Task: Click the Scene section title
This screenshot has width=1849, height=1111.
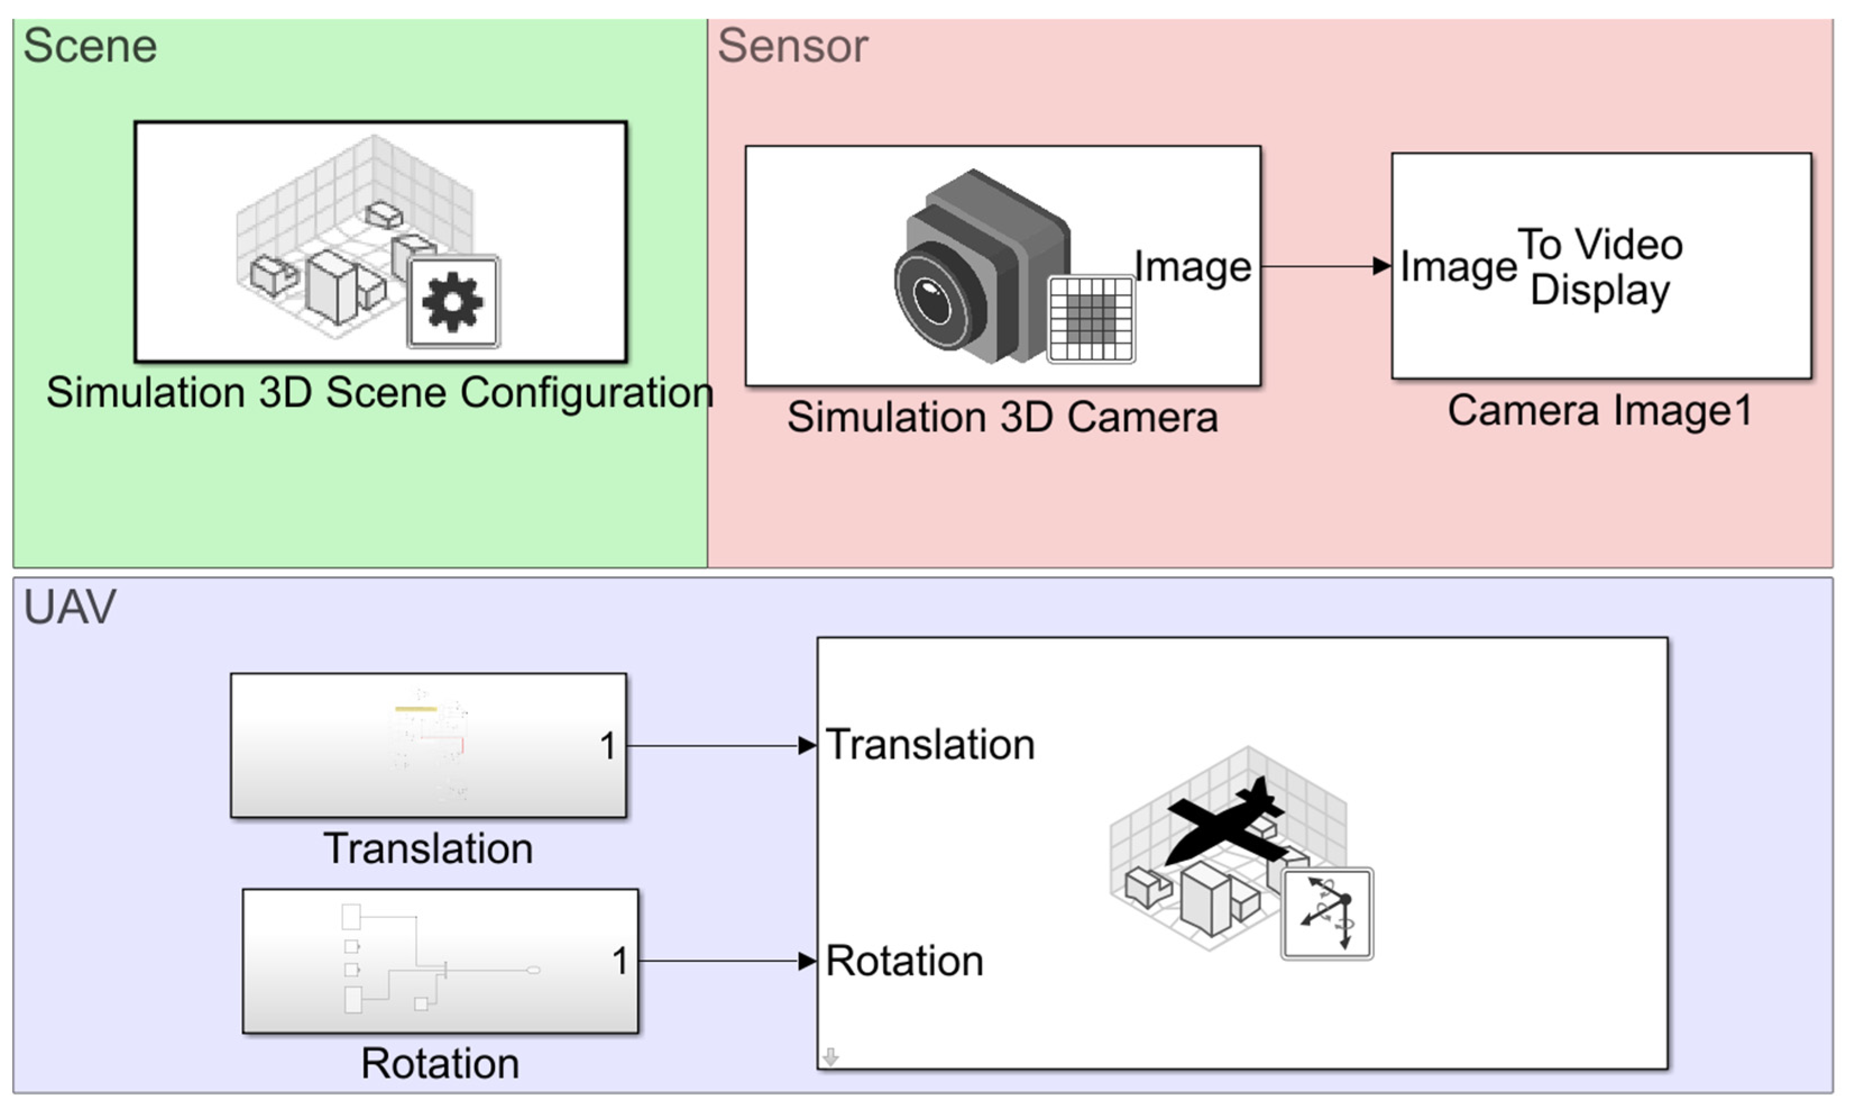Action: click(x=90, y=47)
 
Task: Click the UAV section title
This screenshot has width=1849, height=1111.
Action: click(x=70, y=607)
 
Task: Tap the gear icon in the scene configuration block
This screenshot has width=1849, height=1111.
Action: click(x=453, y=302)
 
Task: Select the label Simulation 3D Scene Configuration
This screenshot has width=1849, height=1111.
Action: click(x=379, y=392)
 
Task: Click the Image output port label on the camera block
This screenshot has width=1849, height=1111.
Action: click(x=1192, y=267)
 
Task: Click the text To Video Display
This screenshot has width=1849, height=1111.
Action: click(x=1600, y=267)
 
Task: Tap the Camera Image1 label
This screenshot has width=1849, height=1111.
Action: click(x=1600, y=411)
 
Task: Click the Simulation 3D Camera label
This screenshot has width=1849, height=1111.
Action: click(x=1002, y=417)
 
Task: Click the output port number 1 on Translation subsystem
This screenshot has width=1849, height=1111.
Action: click(x=608, y=746)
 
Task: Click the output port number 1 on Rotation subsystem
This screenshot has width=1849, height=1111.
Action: click(x=619, y=961)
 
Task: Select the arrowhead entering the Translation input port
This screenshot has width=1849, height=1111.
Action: click(x=807, y=746)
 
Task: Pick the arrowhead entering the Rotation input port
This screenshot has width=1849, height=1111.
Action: click(x=807, y=961)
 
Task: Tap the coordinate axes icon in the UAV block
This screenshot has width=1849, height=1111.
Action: click(x=1327, y=913)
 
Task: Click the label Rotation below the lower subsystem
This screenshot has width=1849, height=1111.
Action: click(x=440, y=1064)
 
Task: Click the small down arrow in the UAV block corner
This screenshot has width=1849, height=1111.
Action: click(x=830, y=1057)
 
